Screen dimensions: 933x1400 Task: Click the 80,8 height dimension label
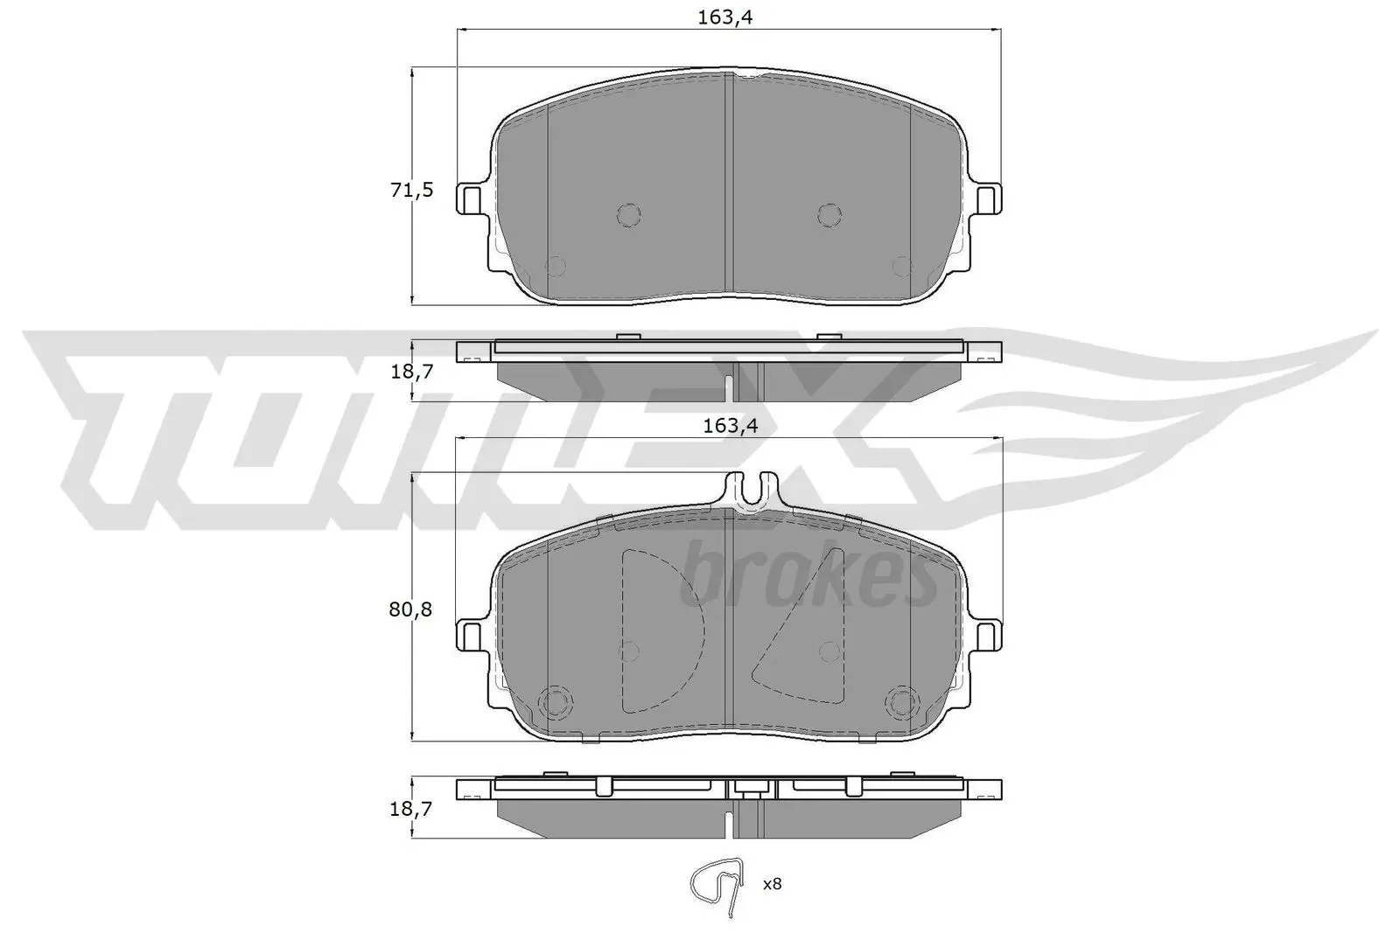click(x=411, y=609)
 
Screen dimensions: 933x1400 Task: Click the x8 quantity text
click(x=771, y=885)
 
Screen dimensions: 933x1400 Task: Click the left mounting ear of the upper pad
click(x=470, y=199)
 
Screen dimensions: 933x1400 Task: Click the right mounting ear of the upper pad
click(x=989, y=199)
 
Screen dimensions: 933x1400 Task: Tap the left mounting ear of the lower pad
click(x=470, y=635)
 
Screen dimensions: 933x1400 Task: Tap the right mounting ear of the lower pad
click(x=989, y=635)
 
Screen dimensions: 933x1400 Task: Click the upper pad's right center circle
click(x=829, y=213)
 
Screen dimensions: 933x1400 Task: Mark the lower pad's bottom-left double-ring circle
click(x=555, y=700)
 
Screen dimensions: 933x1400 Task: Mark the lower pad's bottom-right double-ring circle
click(x=901, y=700)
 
